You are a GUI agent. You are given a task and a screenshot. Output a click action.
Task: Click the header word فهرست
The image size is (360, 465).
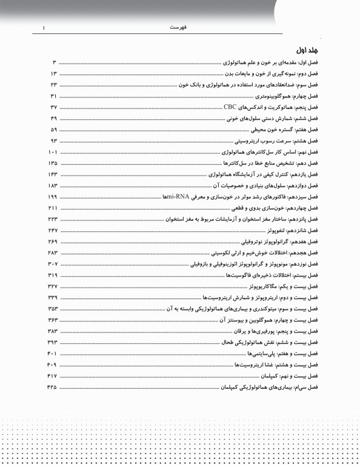coord(179,27)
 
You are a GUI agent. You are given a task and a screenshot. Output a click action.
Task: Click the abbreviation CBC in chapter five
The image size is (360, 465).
coord(231,106)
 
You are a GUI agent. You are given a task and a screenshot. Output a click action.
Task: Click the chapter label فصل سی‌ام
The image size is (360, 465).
coord(312,386)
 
